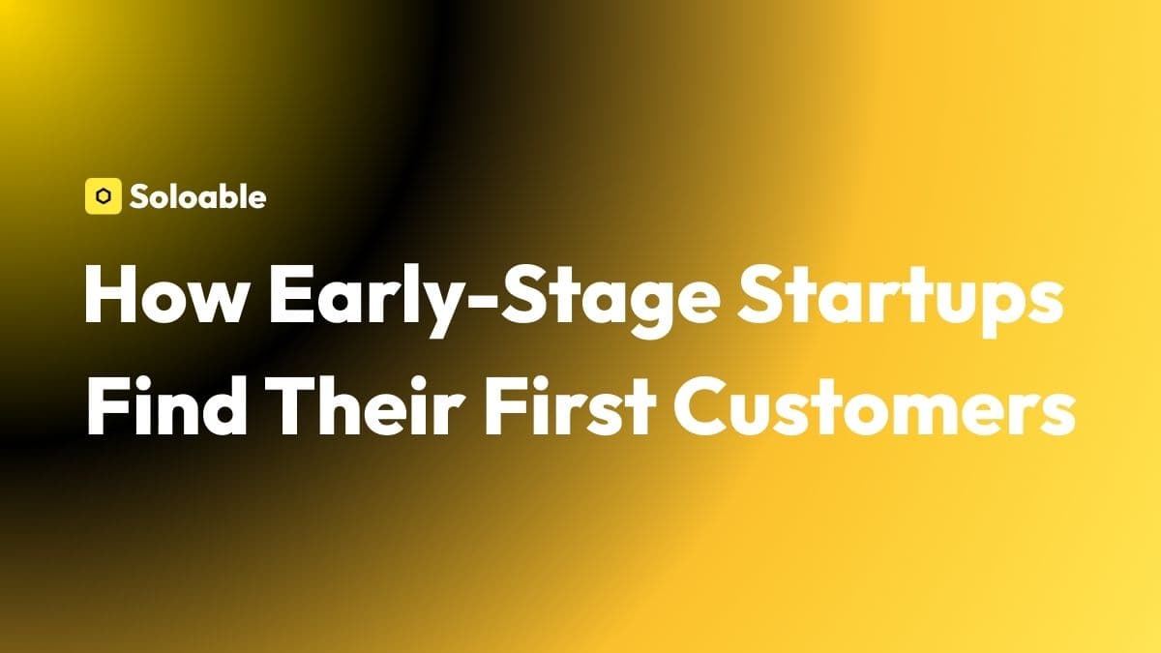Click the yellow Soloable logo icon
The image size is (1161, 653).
click(x=104, y=195)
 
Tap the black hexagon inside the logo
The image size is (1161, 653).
click(x=104, y=196)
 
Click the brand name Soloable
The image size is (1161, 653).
click(x=198, y=196)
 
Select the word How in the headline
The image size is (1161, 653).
click(x=165, y=295)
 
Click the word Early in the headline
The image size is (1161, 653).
click(x=362, y=302)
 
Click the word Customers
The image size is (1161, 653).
click(x=875, y=407)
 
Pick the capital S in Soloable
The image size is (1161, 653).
click(x=138, y=197)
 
